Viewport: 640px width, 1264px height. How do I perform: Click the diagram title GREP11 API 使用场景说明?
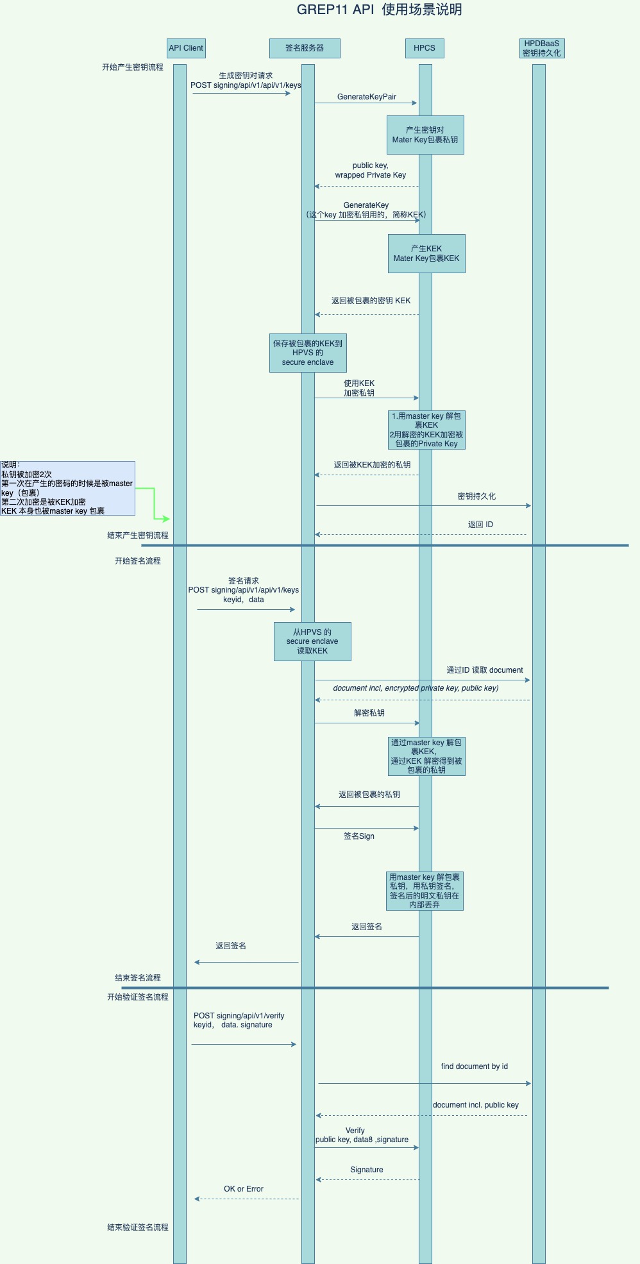[379, 10]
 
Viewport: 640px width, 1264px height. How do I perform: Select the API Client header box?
[186, 48]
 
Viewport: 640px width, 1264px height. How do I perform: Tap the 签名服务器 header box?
[305, 48]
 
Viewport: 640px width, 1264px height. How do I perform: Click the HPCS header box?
[425, 48]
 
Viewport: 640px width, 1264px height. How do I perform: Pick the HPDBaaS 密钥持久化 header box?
[542, 48]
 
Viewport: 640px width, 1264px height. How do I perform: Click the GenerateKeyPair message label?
[367, 97]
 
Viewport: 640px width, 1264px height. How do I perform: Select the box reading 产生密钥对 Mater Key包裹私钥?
[425, 135]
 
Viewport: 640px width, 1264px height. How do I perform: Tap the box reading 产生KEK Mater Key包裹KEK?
[426, 253]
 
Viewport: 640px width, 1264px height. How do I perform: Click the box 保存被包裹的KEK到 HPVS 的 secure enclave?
[308, 353]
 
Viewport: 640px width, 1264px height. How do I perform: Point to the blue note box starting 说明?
[67, 488]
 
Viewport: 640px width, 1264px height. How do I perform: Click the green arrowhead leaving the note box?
[165, 519]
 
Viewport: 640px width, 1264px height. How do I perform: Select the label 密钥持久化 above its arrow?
[476, 496]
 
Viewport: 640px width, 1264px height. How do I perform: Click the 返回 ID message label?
[480, 525]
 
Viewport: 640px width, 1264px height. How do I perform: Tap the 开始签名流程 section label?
[138, 561]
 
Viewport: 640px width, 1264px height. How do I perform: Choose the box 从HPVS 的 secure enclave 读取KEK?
[312, 641]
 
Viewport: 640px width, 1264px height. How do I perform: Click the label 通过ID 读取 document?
[485, 670]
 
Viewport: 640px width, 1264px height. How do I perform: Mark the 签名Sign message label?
[359, 836]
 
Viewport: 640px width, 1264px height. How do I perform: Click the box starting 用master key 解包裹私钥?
[425, 891]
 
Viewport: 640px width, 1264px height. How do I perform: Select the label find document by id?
[475, 1066]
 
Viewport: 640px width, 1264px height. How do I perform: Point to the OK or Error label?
[244, 1189]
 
